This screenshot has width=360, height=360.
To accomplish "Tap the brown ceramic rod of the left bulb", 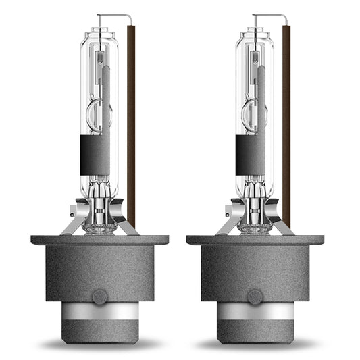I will (x=130, y=122).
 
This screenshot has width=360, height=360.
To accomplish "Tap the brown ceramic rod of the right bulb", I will (x=286, y=122).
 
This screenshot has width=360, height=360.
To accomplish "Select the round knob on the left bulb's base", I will (x=99, y=296).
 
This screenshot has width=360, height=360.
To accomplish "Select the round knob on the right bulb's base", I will (x=255, y=296).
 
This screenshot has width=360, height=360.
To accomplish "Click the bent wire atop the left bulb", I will (x=115, y=16).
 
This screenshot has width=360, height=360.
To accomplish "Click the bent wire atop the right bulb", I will (x=270, y=16).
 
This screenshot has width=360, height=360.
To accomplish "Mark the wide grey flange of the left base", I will (x=99, y=240).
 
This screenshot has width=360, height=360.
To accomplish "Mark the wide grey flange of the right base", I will (x=255, y=240).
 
